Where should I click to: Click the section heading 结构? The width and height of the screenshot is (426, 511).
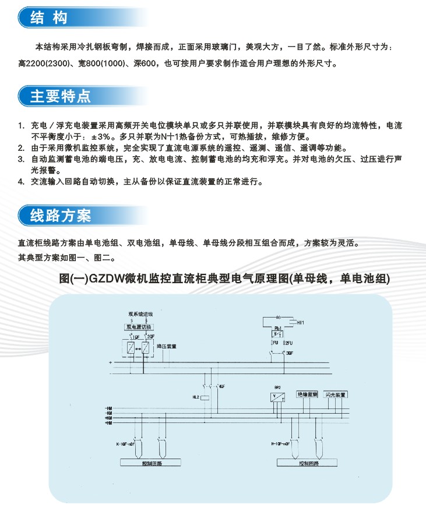click(x=49, y=17)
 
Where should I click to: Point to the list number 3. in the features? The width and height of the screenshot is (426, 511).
click(x=21, y=158)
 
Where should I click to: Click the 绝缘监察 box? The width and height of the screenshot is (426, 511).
click(x=307, y=394)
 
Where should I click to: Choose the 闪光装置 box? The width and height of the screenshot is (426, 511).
click(x=336, y=394)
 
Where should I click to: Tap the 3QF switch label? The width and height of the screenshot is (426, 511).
click(x=290, y=353)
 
